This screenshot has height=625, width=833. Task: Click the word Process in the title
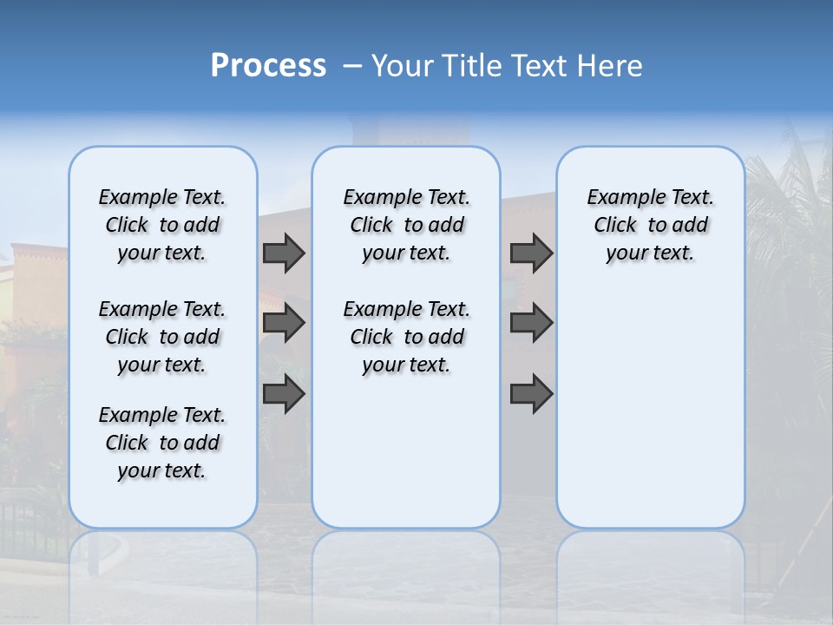click(x=268, y=66)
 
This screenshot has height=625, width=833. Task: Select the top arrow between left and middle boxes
click(x=283, y=253)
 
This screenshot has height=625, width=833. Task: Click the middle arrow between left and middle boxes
click(x=283, y=323)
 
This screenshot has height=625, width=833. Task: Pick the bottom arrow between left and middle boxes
click(x=283, y=394)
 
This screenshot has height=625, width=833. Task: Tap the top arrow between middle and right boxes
click(x=531, y=253)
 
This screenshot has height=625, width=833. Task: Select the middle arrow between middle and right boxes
click(x=531, y=323)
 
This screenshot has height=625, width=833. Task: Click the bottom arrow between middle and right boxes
click(x=531, y=394)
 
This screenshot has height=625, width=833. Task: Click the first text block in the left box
click(x=162, y=225)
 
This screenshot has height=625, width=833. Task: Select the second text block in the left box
click(x=162, y=337)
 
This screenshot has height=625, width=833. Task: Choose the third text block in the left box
click(x=162, y=443)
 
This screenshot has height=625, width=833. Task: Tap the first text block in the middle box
click(x=407, y=225)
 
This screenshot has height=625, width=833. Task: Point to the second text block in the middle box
click(x=407, y=337)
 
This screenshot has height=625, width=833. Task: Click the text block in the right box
click(x=651, y=225)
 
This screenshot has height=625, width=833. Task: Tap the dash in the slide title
click(x=352, y=66)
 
